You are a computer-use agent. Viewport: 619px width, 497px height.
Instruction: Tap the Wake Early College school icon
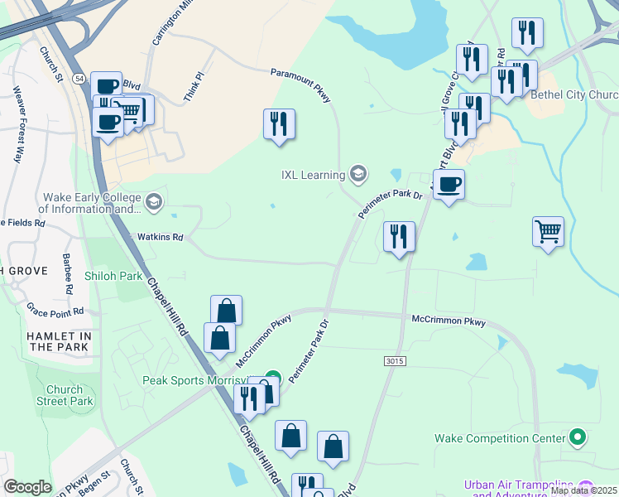point(153,201)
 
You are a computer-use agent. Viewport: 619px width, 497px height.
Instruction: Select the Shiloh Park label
point(114,275)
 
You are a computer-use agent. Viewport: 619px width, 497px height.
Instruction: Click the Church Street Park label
point(65,395)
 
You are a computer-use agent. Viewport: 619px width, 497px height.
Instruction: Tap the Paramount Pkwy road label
point(301,85)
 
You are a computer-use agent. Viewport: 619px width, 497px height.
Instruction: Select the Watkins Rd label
point(160,237)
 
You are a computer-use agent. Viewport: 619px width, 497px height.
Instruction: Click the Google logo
point(27,487)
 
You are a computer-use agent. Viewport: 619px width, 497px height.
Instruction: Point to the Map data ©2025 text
point(583,490)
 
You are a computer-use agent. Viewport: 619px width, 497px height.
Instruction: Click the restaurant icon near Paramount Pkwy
point(279,124)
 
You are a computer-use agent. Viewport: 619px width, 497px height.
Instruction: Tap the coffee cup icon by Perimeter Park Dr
point(449,184)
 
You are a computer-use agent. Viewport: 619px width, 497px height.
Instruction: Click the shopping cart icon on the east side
point(548,231)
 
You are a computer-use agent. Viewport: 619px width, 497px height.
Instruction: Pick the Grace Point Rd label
point(55,311)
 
